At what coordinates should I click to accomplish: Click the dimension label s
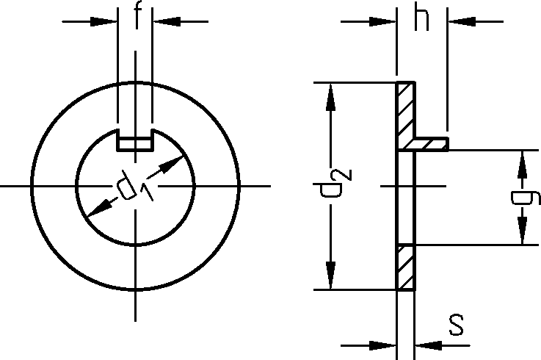point(457,325)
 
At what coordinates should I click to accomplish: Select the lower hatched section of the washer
point(406,267)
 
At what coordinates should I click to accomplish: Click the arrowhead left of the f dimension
point(107,21)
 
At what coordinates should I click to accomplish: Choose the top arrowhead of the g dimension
point(522,161)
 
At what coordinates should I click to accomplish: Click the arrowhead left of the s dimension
point(386,343)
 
